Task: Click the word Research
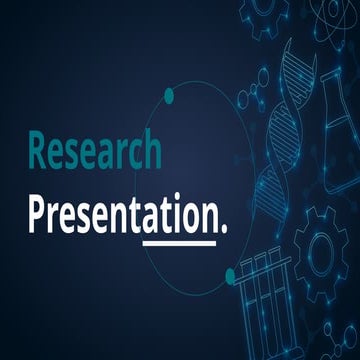tap(94, 151)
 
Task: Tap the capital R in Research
tap(38, 151)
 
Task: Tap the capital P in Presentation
tap(37, 211)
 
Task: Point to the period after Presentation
tap(222, 227)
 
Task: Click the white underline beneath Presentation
tap(179, 242)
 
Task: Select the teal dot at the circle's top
tap(169, 96)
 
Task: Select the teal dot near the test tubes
tap(230, 273)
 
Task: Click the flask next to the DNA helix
tap(340, 120)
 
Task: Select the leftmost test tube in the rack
tap(247, 310)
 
